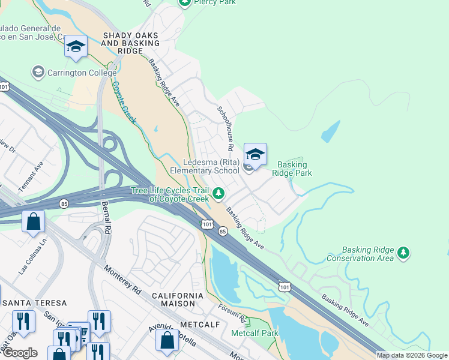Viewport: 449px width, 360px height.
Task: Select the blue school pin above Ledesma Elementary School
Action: coord(255,155)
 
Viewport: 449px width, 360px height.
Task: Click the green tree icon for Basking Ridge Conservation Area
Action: coord(405,253)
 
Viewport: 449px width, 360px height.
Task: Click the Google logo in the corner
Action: coord(20,353)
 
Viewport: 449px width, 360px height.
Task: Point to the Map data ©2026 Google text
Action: coord(412,355)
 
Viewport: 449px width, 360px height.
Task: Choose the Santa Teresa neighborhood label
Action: coord(33,303)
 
